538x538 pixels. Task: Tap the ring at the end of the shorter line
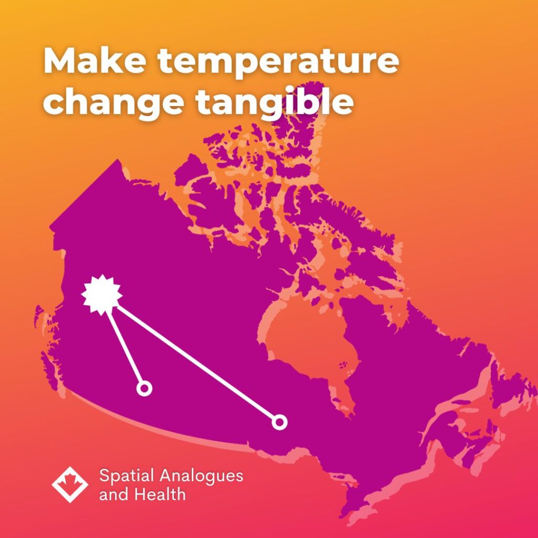click(144, 389)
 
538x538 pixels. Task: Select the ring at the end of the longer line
click(280, 422)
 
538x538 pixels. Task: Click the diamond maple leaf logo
click(70, 484)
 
